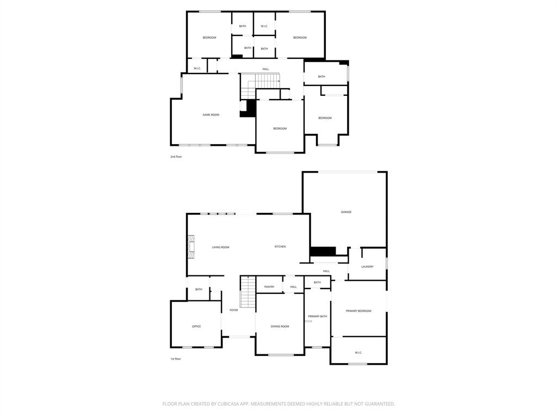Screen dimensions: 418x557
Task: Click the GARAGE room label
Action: click(346, 212)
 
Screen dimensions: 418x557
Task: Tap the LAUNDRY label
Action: click(367, 266)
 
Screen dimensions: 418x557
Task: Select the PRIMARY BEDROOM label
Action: click(358, 311)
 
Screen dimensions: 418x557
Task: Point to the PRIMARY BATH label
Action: click(317, 316)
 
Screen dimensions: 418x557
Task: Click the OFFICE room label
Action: click(196, 326)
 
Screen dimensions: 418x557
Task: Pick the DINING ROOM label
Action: click(280, 326)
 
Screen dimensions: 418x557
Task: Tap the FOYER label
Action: click(233, 310)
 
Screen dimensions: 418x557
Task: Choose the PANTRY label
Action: click(269, 287)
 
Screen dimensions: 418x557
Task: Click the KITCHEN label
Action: click(280, 247)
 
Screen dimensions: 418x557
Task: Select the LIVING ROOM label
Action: click(220, 247)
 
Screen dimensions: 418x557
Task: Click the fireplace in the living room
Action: click(191, 246)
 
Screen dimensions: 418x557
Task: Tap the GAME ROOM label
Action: click(211, 114)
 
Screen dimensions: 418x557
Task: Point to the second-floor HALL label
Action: click(265, 69)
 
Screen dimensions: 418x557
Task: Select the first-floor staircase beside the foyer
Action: click(247, 292)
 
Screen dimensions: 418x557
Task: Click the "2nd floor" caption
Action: click(176, 156)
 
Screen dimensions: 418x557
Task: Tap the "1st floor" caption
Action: click(175, 359)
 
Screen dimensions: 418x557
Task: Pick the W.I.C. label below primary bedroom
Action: click(358, 353)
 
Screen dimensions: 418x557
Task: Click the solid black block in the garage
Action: click(323, 251)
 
